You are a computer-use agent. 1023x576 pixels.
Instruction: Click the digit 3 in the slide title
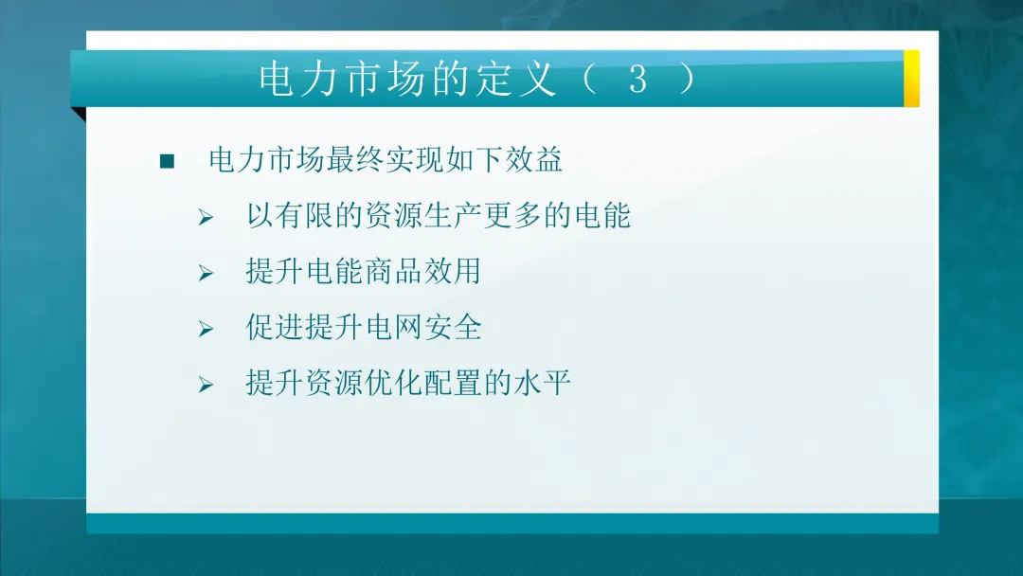(637, 81)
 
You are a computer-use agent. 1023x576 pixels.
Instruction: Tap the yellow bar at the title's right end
(911, 78)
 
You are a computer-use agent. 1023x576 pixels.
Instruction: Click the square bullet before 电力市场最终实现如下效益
(168, 161)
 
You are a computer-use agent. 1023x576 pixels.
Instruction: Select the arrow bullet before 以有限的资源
(206, 218)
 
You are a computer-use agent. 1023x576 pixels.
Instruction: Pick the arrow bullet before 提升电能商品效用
(206, 274)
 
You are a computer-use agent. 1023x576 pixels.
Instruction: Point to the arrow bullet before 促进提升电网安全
(206, 330)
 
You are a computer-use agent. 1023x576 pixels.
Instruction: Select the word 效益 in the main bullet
(534, 159)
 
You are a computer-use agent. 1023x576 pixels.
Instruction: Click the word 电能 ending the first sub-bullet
(601, 216)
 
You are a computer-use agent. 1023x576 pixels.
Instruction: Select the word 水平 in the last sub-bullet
(542, 384)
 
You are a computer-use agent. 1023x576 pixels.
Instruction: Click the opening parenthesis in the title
(589, 81)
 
